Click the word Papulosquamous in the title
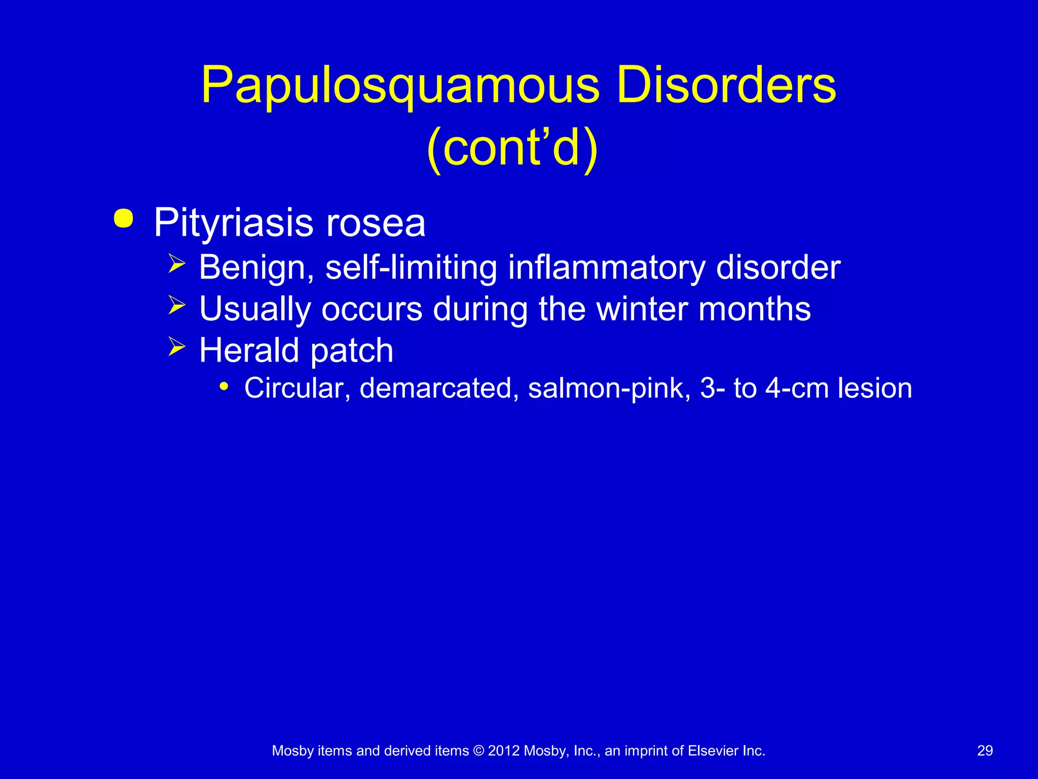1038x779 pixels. coord(400,86)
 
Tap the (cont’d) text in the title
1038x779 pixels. coord(512,148)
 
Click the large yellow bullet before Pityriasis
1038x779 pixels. coord(124,219)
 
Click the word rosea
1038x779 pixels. coord(376,223)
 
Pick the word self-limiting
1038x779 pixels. coord(411,267)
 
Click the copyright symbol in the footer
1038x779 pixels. coord(478,751)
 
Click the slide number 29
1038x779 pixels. coord(985,751)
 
